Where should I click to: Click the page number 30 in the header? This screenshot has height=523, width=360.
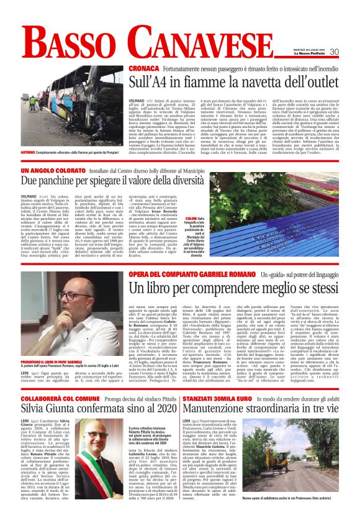click(351, 52)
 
